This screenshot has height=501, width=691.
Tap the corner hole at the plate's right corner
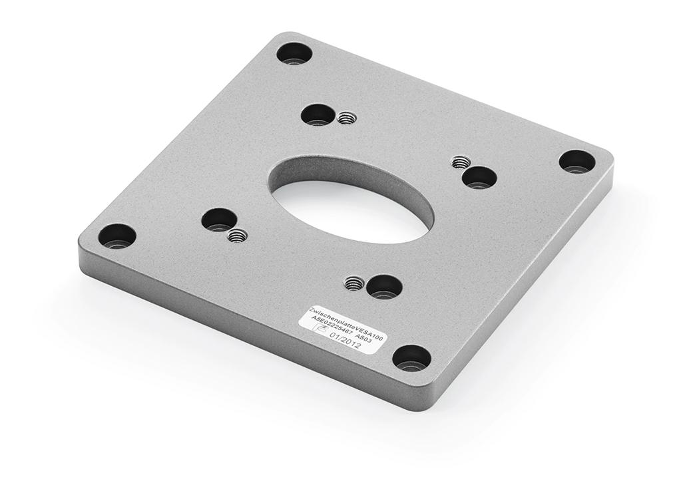point(576,161)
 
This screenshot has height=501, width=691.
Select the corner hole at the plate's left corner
point(117,236)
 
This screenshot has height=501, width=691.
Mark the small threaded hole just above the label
point(353,284)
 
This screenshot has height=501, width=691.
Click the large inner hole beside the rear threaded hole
point(317,114)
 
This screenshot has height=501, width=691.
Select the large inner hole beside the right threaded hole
point(479,177)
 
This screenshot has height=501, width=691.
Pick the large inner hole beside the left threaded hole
point(220,219)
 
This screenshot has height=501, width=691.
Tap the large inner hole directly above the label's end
point(385,286)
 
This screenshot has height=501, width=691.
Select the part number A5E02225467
point(330,325)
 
